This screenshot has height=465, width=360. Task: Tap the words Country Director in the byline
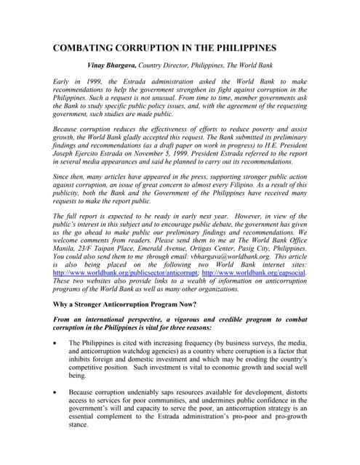click(182, 67)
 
